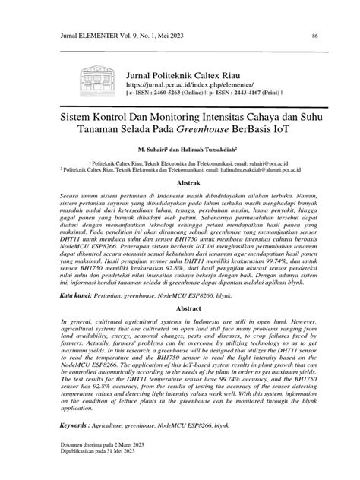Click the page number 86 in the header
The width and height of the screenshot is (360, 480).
(x=314, y=35)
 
